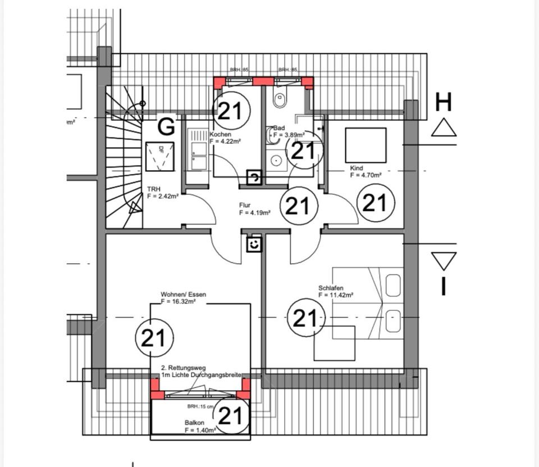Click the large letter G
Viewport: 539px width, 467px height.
166,127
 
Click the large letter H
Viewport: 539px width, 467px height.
444,103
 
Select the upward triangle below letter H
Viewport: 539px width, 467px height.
444,127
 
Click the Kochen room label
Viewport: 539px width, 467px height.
220,135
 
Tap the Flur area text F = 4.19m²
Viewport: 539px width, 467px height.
255,213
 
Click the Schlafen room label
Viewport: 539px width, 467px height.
331,288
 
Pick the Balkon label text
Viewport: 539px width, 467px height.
193,423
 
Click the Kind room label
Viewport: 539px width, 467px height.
357,168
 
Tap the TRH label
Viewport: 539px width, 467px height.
154,190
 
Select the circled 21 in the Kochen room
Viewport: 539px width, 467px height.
230,111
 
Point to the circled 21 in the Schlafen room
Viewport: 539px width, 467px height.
305,318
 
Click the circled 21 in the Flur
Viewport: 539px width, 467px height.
298,206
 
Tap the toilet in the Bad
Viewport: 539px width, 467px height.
280,99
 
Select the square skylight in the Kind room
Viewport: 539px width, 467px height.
366,145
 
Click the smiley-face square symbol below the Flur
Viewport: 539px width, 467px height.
255,244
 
